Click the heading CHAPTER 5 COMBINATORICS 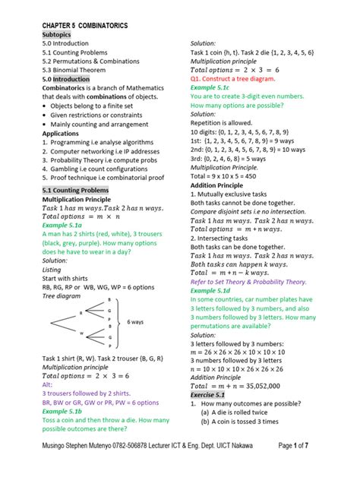click(x=84, y=26)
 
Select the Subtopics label click(x=47, y=35)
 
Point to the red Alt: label click(x=37, y=384)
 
